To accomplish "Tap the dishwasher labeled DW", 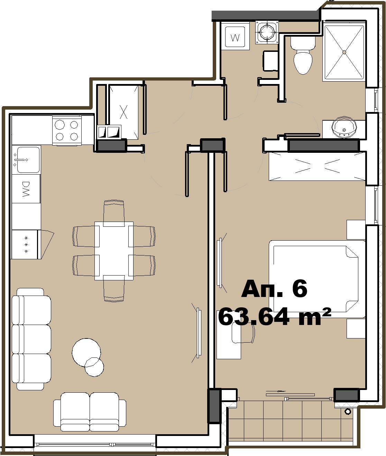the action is tap(26, 189).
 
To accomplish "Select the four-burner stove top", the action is tap(67, 130).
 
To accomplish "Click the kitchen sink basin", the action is tap(28, 159).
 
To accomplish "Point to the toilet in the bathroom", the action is tap(303, 56).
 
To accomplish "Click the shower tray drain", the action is tap(344, 52).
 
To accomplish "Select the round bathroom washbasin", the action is tap(344, 127).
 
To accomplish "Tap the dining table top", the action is tap(114, 251).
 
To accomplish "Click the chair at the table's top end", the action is tap(114, 213).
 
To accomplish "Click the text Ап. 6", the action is tap(274, 288).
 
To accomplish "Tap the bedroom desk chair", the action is tap(243, 334).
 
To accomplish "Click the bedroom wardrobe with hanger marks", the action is tap(317, 166).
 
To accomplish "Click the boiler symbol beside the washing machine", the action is tap(267, 32).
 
